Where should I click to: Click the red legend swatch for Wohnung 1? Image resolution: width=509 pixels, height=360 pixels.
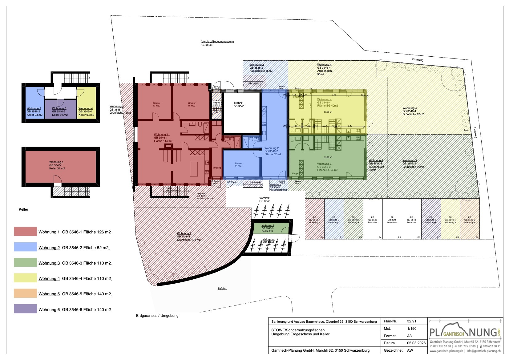pos(25,232)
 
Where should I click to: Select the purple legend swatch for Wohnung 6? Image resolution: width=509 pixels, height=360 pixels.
pos(25,309)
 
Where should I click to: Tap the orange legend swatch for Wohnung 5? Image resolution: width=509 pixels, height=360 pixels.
pos(25,293)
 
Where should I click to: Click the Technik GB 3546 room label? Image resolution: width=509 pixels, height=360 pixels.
pos(239,105)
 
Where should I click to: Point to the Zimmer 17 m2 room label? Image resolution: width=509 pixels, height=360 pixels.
pos(156,104)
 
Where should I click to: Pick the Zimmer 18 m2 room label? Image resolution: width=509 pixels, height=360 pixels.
pos(192,104)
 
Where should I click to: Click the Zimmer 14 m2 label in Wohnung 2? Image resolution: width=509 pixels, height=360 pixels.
pos(238,165)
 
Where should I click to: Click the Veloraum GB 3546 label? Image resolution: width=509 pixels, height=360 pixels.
pos(269,241)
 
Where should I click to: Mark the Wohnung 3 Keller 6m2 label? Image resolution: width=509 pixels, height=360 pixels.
pos(268,228)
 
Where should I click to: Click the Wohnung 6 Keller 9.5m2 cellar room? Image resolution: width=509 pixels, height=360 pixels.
pos(60,111)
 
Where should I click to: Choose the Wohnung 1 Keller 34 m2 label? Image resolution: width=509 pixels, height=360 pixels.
pos(57,165)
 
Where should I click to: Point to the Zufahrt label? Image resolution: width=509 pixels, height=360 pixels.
pos(222,289)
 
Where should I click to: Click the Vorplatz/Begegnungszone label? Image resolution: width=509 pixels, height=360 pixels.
pos(217,43)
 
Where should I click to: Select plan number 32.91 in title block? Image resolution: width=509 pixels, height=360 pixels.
pos(412,321)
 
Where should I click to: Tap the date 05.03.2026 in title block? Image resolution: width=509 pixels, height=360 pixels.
pos(416,343)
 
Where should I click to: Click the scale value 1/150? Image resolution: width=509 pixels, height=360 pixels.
pos(412,329)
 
